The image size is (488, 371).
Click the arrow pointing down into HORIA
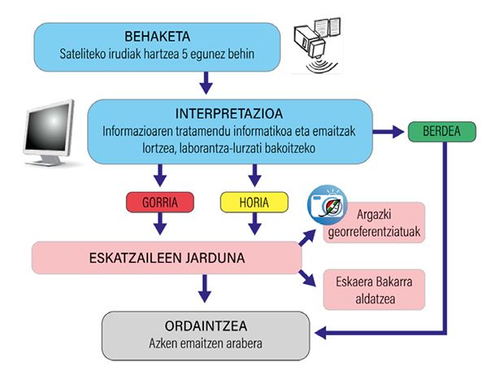coord(255,174)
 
